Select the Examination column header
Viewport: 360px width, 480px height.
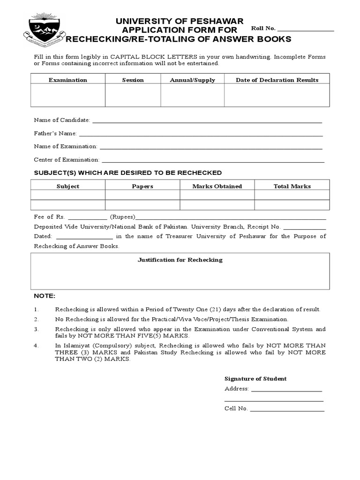(x=68, y=80)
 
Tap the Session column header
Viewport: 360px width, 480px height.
(x=133, y=80)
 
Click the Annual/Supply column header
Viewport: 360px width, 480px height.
(x=192, y=80)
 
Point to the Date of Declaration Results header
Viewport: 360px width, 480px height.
(x=277, y=80)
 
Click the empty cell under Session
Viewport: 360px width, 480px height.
(x=133, y=96)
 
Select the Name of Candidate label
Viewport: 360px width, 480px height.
(x=62, y=120)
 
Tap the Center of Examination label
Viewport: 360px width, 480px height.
(x=67, y=160)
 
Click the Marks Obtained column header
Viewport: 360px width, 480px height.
(x=217, y=186)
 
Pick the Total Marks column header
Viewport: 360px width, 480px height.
(x=292, y=186)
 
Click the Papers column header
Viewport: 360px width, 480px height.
(x=142, y=186)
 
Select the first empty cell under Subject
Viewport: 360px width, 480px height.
(x=68, y=195)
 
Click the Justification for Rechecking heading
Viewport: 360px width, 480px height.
(x=180, y=260)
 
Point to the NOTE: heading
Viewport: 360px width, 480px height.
(x=45, y=296)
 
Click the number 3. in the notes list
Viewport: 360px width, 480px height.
(x=36, y=329)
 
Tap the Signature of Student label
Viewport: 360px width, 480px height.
(x=255, y=379)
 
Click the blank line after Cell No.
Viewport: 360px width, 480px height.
(x=287, y=410)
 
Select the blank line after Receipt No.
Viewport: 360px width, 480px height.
(x=305, y=228)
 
